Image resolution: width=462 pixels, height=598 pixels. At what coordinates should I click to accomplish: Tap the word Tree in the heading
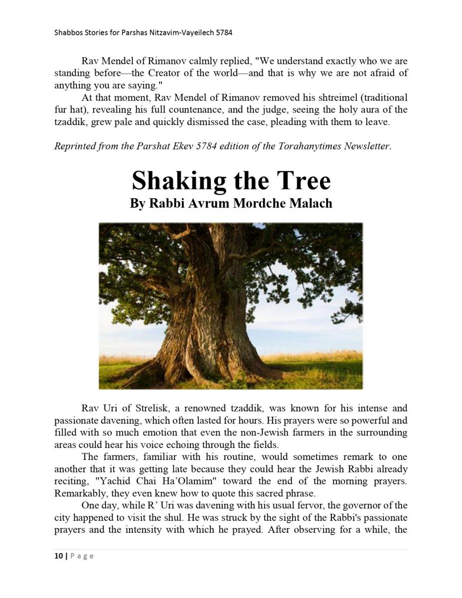click(305, 180)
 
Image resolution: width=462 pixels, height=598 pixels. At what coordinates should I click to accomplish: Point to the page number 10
click(58, 556)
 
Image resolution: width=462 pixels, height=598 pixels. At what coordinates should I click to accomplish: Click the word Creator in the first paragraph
click(169, 73)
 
